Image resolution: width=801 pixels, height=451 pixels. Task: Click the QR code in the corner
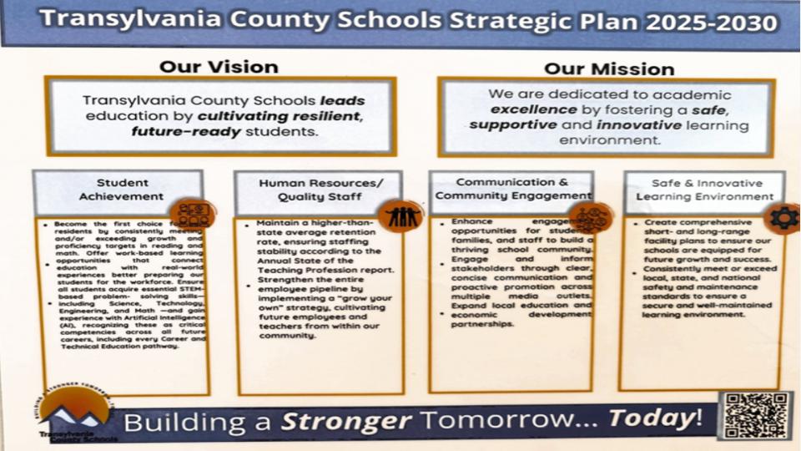pos(755,415)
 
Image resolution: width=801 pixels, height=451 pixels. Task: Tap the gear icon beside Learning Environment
pos(783,219)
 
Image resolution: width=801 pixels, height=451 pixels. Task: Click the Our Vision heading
pos(219,66)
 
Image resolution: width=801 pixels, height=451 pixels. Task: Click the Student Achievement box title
pos(122,190)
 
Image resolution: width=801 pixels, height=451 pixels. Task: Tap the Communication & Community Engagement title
pos(512,189)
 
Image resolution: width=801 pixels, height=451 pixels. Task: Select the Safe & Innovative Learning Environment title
pos(705,190)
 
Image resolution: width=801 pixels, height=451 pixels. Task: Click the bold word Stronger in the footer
pos(346,420)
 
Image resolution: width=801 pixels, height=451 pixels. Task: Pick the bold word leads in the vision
pos(342,100)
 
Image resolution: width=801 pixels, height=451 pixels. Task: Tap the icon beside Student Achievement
pos(191,214)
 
